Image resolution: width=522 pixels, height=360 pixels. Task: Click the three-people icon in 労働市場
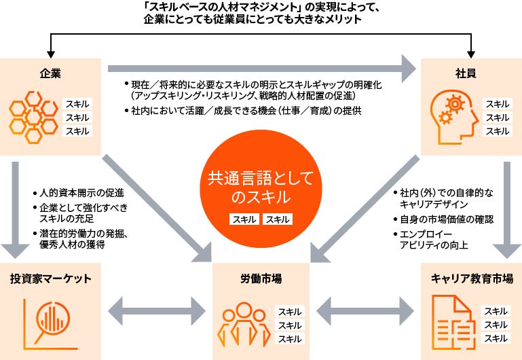(243, 325)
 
